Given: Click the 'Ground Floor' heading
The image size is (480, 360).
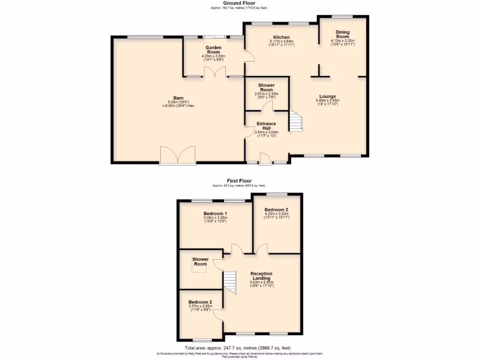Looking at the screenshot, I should point(240,3).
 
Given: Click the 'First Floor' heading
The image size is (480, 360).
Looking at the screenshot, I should point(240,180).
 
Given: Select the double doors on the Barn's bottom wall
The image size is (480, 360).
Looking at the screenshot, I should point(177,155).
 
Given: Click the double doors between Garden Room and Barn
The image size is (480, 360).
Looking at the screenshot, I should point(213,73).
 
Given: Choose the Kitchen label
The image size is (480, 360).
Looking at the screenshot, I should point(281,37).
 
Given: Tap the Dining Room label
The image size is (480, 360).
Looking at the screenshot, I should point(342,34).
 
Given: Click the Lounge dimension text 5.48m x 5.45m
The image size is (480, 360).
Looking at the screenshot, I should point(327,100).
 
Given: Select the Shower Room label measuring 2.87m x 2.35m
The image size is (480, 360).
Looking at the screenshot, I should point(266,88).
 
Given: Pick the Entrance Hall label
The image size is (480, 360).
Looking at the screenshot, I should point(266,126).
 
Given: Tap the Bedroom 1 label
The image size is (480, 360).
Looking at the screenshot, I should point(216,214).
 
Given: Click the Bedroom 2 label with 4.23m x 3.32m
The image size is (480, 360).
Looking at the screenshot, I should point(276,210).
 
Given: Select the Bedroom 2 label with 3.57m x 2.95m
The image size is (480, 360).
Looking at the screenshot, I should point(200,302).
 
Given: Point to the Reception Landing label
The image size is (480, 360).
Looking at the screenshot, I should point(261,276).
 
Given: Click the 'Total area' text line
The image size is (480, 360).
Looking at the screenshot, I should point(238,348).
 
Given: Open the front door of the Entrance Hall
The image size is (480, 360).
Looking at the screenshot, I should point(266,161).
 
